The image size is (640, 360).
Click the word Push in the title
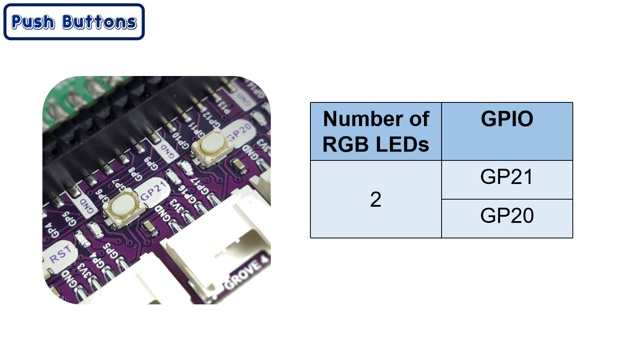[33, 22]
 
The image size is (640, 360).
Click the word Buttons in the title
[100, 22]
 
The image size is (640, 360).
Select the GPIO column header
[507, 119]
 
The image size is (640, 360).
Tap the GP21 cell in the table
[507, 177]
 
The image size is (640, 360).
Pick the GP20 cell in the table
[507, 216]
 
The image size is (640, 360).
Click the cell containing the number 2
[376, 199]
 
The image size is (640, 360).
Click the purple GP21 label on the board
[153, 190]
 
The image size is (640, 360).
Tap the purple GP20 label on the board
[239, 132]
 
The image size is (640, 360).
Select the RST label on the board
[60, 254]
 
